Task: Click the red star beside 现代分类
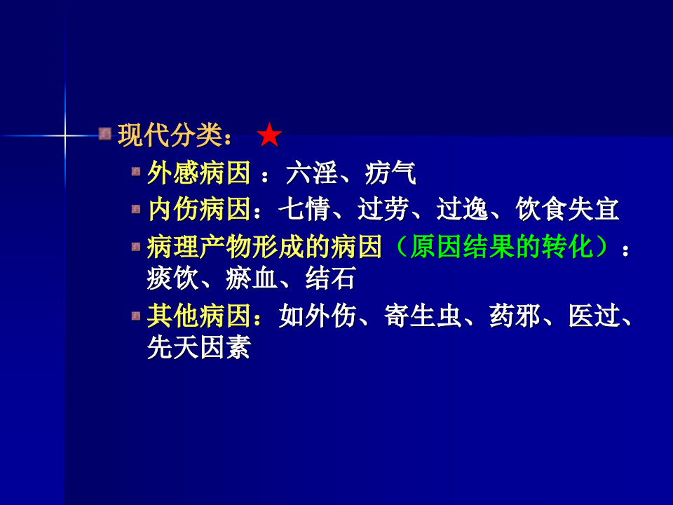tap(269, 135)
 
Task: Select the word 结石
tap(330, 278)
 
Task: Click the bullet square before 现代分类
tap(105, 133)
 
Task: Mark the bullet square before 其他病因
tap(136, 316)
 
